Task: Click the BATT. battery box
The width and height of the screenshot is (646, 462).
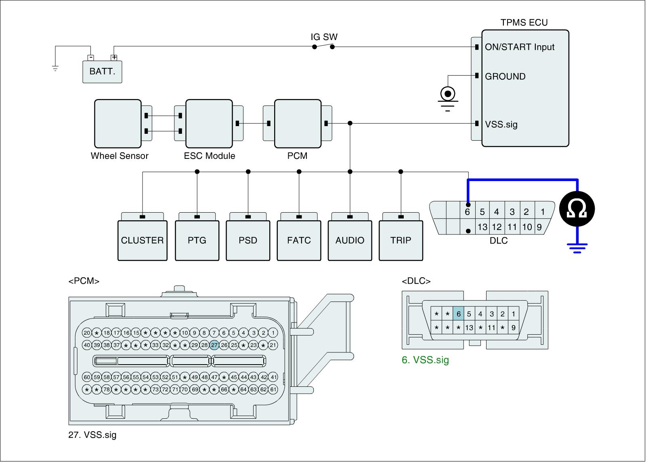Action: coord(102,72)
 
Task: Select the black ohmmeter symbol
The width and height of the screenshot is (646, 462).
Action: coord(577,209)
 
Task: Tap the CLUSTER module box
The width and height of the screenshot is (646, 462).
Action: coord(142,240)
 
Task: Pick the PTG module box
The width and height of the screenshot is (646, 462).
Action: coord(197,240)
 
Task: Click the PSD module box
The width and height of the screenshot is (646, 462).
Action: coord(248,240)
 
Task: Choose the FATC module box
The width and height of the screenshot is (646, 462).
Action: coord(299,240)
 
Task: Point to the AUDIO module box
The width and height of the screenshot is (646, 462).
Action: coord(350,240)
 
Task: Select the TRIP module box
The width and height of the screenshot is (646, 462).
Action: coord(401,240)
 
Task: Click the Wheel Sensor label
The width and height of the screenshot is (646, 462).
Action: coord(120,156)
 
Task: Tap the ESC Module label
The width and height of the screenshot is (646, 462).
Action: coord(210,156)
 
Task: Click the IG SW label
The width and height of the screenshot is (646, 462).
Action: coord(324,37)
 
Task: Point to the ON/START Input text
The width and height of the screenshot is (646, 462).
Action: coord(520,47)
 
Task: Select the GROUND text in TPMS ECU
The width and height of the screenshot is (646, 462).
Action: coord(505,76)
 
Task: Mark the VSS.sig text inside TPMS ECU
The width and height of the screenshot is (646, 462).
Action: coord(501,124)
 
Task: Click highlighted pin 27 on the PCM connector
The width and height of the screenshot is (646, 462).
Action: coord(214,345)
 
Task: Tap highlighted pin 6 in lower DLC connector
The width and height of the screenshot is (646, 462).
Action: coord(458,314)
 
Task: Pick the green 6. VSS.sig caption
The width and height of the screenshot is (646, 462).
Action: coord(425,360)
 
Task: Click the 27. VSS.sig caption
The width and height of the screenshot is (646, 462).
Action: coord(92,435)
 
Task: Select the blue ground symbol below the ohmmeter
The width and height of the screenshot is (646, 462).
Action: coord(577,247)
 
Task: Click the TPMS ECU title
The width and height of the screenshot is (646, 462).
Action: coord(524,23)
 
